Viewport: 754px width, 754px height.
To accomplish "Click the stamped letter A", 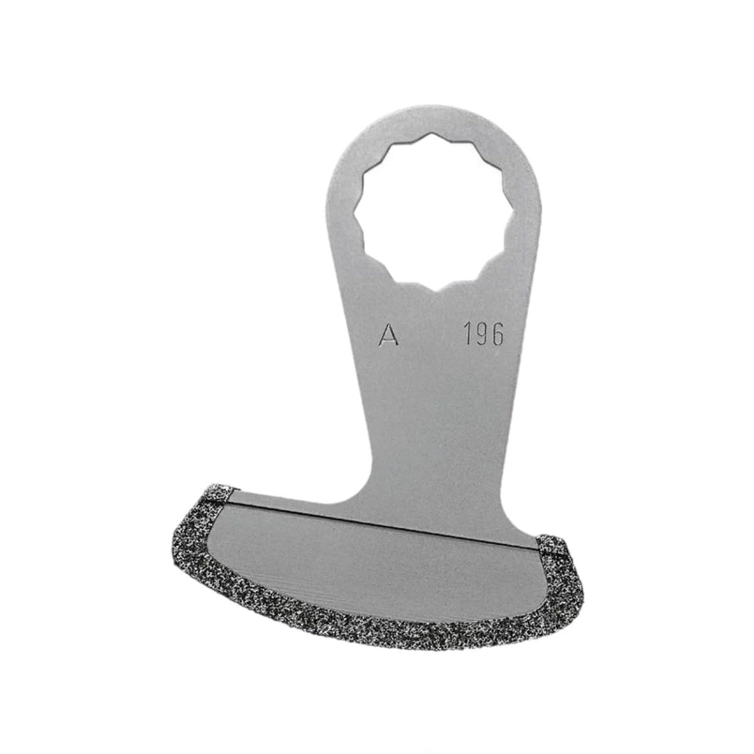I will coord(390,336).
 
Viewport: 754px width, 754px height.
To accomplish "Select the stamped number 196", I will coord(483,335).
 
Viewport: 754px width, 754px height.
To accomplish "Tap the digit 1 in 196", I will coord(468,335).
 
